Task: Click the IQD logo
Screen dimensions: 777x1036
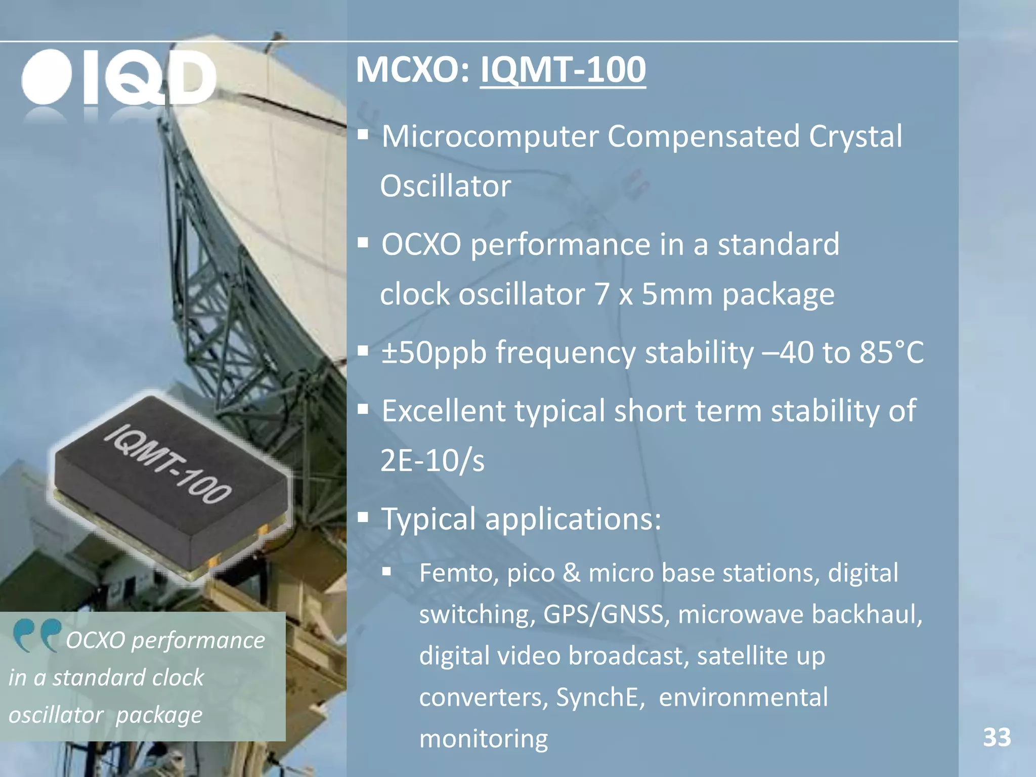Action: [119, 77]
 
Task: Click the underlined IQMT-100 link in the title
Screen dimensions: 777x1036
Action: [563, 69]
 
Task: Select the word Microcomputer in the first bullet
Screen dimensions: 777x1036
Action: [490, 137]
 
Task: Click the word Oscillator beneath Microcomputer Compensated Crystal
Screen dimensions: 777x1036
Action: [445, 186]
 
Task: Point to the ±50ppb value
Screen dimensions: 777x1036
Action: [434, 352]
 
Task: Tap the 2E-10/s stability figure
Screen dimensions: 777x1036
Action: [432, 460]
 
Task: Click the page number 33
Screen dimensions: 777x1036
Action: [997, 737]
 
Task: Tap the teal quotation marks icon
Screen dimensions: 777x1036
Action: [36, 635]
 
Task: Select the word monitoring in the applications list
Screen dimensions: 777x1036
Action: [483, 739]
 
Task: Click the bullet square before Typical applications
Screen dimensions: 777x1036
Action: [363, 517]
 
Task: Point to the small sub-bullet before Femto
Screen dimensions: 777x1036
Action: [387, 572]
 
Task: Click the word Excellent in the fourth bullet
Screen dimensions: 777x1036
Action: [443, 411]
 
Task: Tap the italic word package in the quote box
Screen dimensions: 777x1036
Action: [159, 715]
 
